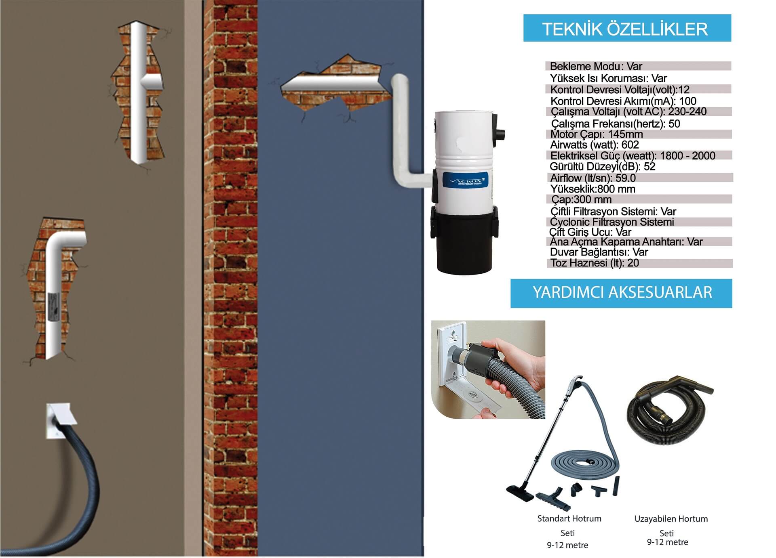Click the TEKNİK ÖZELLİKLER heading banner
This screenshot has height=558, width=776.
[627, 28]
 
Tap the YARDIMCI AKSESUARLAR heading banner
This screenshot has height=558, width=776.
[621, 293]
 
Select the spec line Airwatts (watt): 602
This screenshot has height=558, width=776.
[595, 145]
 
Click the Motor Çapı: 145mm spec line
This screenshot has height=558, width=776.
[597, 134]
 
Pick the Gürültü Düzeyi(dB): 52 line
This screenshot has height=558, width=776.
[603, 167]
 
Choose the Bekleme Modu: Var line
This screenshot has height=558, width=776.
[596, 66]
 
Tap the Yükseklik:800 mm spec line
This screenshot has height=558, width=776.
[593, 189]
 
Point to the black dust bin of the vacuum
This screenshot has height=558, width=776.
[465, 242]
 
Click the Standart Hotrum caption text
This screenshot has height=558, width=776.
[569, 518]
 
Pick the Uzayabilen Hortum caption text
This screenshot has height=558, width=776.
[671, 519]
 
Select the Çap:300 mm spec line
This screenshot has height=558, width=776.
[581, 199]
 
